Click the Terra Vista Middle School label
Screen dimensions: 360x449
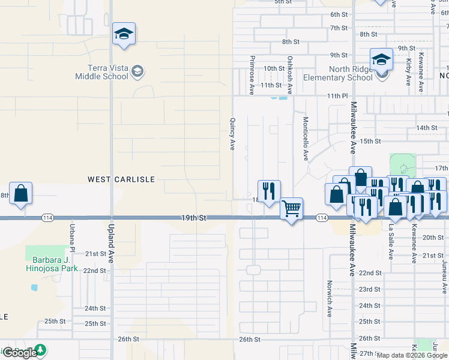pos(101,72)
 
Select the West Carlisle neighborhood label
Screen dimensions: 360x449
pos(121,179)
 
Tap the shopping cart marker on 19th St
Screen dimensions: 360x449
pos(291,209)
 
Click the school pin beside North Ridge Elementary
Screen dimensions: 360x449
pos(381,59)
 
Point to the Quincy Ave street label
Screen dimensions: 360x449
pos(232,133)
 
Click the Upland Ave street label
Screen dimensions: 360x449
pos(111,244)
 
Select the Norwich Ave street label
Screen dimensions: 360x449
pos(330,299)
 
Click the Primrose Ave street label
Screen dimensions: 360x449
pos(252,76)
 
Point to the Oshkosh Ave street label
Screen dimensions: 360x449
pos(290,76)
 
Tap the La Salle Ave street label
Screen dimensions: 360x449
pos(391,242)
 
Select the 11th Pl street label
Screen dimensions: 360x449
pos(337,96)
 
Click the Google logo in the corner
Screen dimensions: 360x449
pos(19,353)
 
